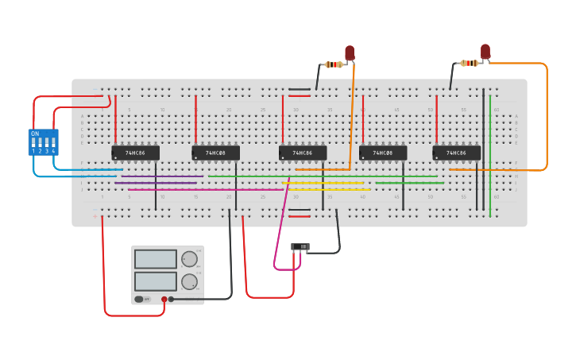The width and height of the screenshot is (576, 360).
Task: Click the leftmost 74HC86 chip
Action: coord(135,153)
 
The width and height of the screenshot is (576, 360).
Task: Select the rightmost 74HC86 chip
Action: coord(456,153)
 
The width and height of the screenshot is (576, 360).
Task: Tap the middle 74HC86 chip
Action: coord(302,153)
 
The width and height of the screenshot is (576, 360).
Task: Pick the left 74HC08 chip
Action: coord(215,153)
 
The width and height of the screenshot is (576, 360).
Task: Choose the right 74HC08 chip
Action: coord(383,153)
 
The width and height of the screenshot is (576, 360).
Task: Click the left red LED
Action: coord(350,52)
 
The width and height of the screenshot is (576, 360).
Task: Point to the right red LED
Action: coord(485,51)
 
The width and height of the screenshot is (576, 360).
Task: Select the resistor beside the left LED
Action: coord(334,64)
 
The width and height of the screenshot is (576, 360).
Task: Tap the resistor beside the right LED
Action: coord(470,63)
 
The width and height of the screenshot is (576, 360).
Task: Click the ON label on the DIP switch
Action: coord(35,134)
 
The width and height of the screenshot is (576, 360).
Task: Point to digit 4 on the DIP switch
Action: coord(53,151)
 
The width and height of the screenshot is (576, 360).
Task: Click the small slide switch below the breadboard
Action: coord(300,247)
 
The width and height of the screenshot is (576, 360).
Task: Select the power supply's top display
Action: coord(156,259)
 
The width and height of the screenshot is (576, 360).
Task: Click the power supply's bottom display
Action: coord(156,281)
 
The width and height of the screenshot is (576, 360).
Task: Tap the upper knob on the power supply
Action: coord(189,259)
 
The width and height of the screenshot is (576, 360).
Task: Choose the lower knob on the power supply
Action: coord(189,281)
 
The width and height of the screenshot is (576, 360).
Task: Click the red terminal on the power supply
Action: coord(164,300)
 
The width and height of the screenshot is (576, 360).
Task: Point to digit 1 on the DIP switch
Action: coord(33,151)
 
